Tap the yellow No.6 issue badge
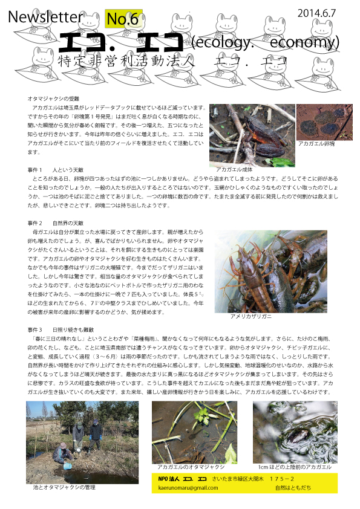tap(123, 19)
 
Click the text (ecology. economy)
tap(264, 44)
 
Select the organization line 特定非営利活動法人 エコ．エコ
tap(172, 62)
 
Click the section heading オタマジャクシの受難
tap(54, 98)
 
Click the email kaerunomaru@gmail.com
tap(189, 487)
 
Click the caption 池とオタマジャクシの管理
tap(65, 486)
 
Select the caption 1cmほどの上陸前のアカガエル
tap(295, 467)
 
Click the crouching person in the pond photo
tap(63, 453)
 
